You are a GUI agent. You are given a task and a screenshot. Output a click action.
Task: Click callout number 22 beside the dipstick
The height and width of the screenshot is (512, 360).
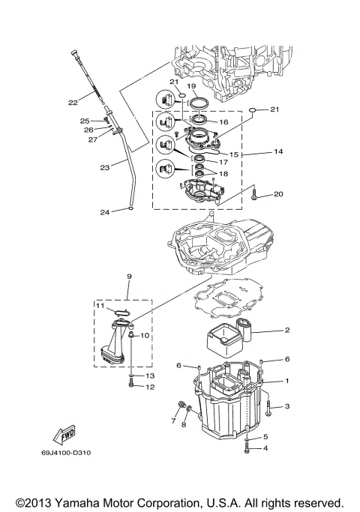tap(73, 103)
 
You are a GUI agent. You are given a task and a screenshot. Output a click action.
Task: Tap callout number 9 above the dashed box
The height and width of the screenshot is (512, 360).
tap(129, 277)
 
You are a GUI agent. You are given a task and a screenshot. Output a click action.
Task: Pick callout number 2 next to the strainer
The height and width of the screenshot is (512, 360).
tap(286, 329)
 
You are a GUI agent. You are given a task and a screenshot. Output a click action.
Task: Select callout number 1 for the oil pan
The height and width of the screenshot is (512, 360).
tap(286, 382)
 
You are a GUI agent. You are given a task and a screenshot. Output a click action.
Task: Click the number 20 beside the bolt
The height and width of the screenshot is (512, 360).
tap(278, 194)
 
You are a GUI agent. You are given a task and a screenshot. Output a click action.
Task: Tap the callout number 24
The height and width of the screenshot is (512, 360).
tap(106, 213)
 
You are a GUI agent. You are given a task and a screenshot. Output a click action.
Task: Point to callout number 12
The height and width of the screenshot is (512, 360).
tap(149, 388)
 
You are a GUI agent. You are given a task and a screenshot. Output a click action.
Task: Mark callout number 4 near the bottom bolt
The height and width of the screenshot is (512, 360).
tap(265, 448)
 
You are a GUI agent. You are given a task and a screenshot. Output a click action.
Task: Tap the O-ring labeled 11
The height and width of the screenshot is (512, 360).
tap(124, 313)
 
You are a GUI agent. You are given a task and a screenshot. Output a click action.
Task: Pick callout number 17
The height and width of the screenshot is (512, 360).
tap(223, 161)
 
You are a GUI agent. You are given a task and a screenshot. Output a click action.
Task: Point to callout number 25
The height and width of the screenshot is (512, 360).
tap(85, 120)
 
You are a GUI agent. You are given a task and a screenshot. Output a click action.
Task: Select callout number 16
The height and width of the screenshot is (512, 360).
tap(223, 121)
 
